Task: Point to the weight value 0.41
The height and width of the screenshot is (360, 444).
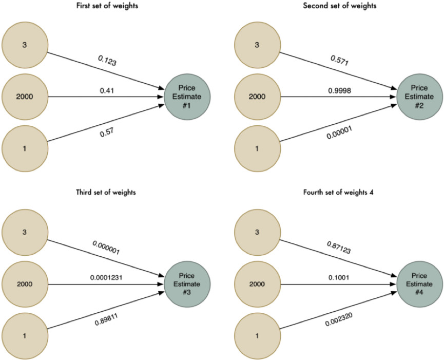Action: coord(108,91)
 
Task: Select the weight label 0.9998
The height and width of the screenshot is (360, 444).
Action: coord(340,91)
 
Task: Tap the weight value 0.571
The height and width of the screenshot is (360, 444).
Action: coord(339,61)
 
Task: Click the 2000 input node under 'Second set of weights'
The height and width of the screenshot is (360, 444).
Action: coord(257,96)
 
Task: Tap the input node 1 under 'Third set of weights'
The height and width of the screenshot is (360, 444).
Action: coord(25,335)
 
